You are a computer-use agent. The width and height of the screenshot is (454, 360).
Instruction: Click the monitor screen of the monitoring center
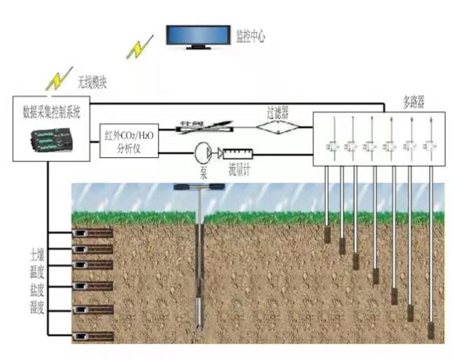(x=199, y=35)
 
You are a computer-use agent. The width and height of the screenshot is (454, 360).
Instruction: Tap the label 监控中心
(x=251, y=36)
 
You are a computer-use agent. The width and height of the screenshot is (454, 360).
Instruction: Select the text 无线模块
(x=93, y=81)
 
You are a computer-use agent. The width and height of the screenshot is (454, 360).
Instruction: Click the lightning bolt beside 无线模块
(x=58, y=80)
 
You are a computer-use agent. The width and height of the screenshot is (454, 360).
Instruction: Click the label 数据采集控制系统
(x=52, y=110)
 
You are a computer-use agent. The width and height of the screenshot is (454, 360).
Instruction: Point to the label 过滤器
(x=278, y=110)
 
